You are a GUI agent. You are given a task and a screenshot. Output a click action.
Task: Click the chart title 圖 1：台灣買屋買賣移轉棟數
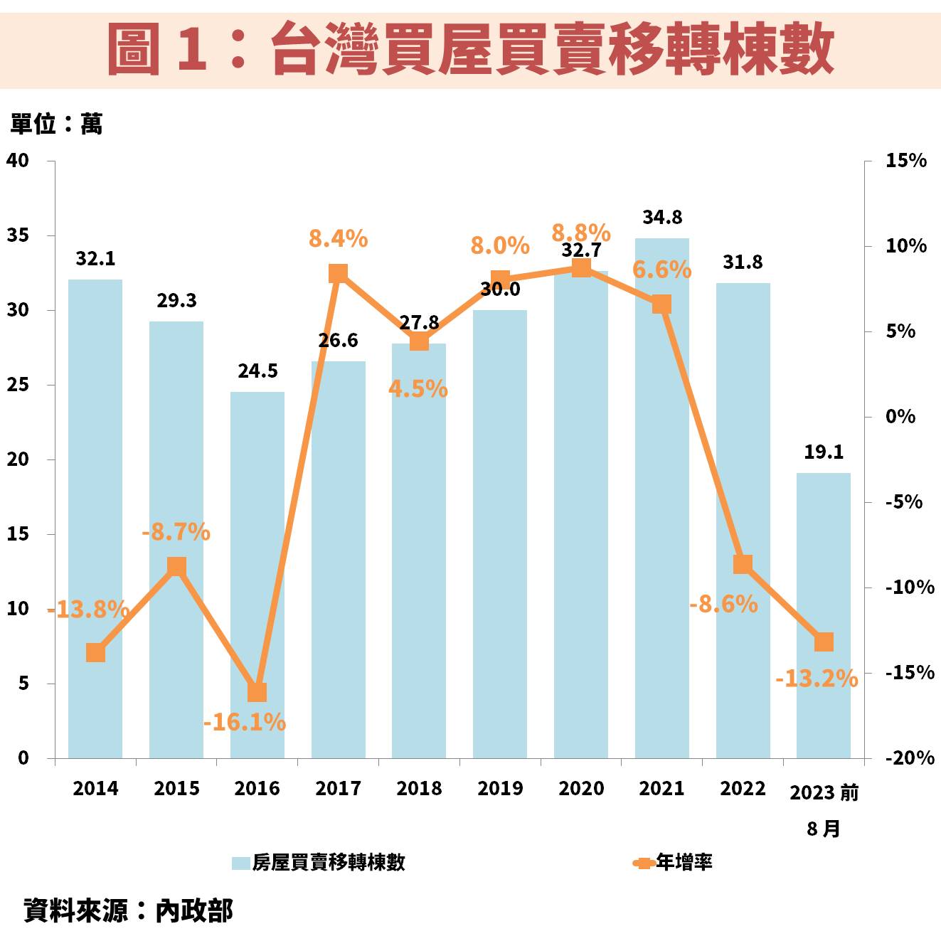click(470, 48)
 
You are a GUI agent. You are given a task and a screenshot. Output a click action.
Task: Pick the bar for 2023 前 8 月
click(823, 569)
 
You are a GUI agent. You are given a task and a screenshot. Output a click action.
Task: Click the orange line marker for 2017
click(339, 274)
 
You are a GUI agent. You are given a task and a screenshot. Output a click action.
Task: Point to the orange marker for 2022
click(743, 565)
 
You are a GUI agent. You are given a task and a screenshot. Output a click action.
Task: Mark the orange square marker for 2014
click(96, 653)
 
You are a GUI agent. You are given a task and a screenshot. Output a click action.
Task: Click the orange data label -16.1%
click(245, 723)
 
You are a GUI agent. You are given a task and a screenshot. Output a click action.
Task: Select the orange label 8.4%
click(338, 239)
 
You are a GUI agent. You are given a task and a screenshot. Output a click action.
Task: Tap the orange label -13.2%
click(817, 679)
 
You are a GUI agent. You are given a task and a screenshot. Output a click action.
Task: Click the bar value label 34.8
click(662, 218)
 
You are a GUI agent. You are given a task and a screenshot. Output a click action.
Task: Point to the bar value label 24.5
click(257, 371)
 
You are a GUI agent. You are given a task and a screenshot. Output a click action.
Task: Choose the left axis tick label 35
click(18, 235)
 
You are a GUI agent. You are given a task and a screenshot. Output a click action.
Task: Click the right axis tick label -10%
click(909, 588)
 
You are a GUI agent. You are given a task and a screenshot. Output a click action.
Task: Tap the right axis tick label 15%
click(905, 161)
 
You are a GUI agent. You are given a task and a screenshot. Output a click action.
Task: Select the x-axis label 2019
click(500, 789)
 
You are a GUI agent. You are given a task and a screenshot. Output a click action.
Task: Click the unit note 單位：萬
click(56, 124)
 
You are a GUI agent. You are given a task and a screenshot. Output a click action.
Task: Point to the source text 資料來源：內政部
click(128, 911)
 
